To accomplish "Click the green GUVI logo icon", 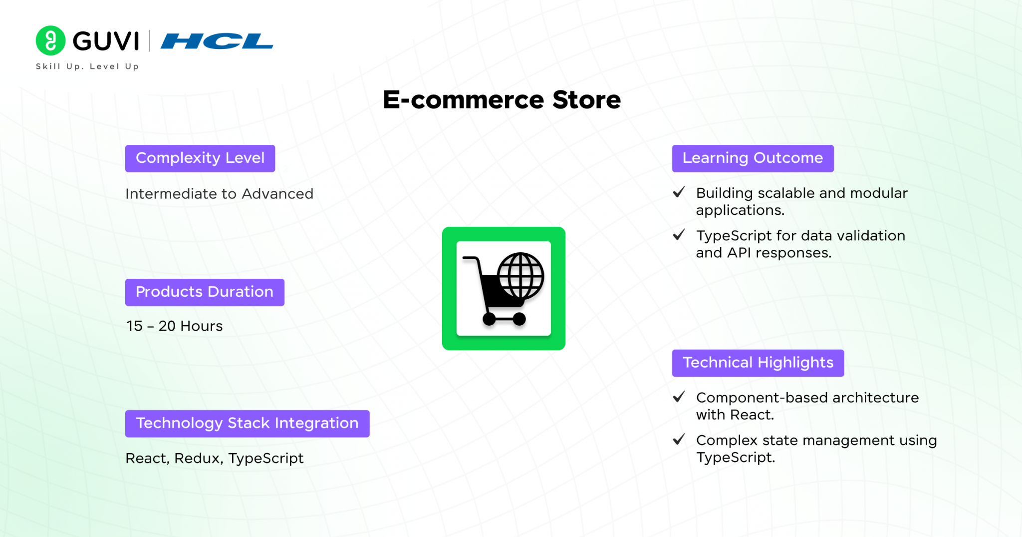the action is [x=50, y=40].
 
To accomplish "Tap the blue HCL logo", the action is [x=217, y=41].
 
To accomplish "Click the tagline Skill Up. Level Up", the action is [x=87, y=66].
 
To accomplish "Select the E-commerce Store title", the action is [x=502, y=100].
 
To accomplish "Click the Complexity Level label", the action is [x=200, y=158].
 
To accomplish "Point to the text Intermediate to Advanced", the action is [x=220, y=194].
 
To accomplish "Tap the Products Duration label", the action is [x=205, y=292].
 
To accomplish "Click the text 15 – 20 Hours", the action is [x=174, y=326].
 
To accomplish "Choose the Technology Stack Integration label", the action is [x=248, y=424].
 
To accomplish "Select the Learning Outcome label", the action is [x=753, y=158].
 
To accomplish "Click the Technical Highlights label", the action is [x=758, y=363].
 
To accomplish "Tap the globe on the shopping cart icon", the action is [x=521, y=276].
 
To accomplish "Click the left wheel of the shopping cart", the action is [x=489, y=319].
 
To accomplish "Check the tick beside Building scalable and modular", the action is [x=679, y=192].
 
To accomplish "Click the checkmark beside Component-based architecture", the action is [x=679, y=397].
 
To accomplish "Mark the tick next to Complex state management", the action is [x=679, y=440].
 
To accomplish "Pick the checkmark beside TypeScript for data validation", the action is [x=679, y=235].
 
